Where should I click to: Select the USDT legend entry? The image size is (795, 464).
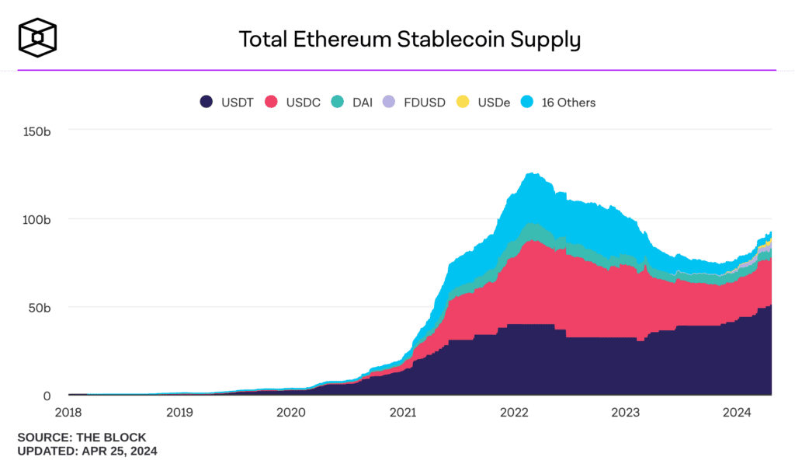tap(227, 102)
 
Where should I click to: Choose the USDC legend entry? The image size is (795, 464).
tap(293, 102)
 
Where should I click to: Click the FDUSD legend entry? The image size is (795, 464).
tap(415, 102)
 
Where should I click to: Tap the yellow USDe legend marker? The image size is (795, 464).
tap(463, 102)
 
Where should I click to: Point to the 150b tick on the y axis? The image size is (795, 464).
tap(36, 131)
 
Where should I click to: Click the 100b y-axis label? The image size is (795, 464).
tap(36, 219)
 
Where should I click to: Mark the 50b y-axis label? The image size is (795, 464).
tap(40, 307)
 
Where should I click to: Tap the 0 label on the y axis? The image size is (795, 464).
tap(47, 396)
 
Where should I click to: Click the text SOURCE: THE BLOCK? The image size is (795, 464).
tap(82, 438)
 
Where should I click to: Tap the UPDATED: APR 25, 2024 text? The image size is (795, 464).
tap(87, 451)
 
